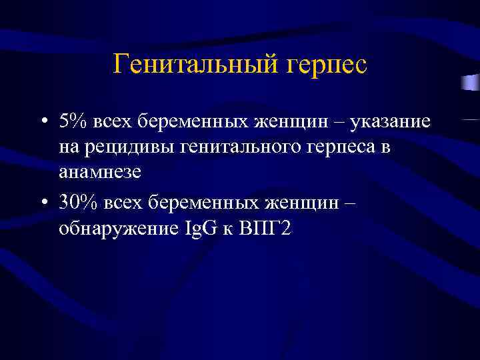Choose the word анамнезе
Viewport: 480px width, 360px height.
(x=100, y=175)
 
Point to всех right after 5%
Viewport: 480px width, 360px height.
(x=107, y=124)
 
